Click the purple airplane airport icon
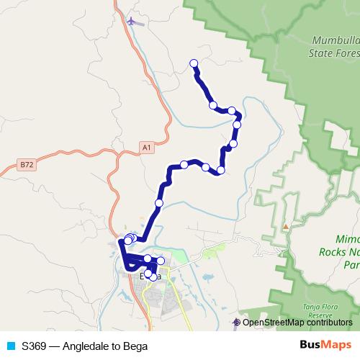[131, 20]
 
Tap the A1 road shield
[147, 148]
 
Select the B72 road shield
[27, 165]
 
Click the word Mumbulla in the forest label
[333, 42]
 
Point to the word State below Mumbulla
[322, 53]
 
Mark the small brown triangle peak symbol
[286, 227]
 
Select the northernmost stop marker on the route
[194, 63]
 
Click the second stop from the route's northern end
[213, 106]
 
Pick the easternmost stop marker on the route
[237, 125]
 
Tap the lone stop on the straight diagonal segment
[159, 203]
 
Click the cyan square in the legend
[11, 346]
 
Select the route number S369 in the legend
[34, 346]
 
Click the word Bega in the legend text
[135, 346]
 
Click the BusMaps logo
[325, 346]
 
